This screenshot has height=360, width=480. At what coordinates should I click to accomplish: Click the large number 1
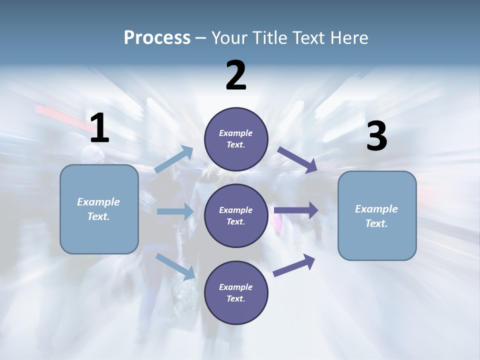[99, 128]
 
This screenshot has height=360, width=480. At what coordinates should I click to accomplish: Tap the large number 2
[236, 75]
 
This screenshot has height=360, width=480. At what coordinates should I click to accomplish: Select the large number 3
[376, 136]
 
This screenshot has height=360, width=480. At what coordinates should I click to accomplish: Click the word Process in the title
[157, 37]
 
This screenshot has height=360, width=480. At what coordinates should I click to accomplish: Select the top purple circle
[236, 139]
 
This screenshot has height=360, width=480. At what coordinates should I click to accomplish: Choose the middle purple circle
[236, 216]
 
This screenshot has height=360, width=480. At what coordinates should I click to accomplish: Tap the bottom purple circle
[236, 293]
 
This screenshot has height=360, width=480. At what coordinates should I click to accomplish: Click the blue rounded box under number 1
[99, 209]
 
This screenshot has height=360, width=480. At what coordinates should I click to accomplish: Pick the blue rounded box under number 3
[377, 216]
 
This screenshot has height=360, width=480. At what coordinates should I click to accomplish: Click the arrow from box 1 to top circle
[174, 159]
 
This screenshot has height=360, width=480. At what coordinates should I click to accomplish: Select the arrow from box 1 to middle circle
[175, 211]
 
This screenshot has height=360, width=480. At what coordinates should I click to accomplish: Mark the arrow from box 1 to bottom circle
[175, 266]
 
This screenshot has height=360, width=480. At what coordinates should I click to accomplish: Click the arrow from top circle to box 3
[297, 160]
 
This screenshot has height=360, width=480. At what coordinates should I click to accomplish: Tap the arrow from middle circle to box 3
[296, 210]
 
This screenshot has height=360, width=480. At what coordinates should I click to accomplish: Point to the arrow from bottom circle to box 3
[294, 265]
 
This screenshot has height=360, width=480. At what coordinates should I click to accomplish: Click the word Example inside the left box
[98, 202]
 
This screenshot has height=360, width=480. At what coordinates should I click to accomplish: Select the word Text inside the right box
[376, 223]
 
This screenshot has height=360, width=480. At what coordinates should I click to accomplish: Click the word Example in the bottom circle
[235, 287]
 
